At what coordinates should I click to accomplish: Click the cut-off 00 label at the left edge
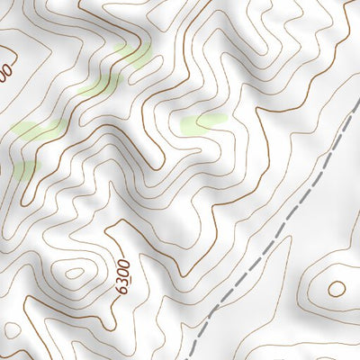pyautogui.click(x=5, y=69)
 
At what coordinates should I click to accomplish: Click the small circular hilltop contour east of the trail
pyautogui.click(x=336, y=289)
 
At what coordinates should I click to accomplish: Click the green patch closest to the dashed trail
pyautogui.click(x=203, y=122)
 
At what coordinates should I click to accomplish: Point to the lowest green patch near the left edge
pyautogui.click(x=23, y=168)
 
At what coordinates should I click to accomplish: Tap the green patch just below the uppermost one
pyautogui.click(x=99, y=86)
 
